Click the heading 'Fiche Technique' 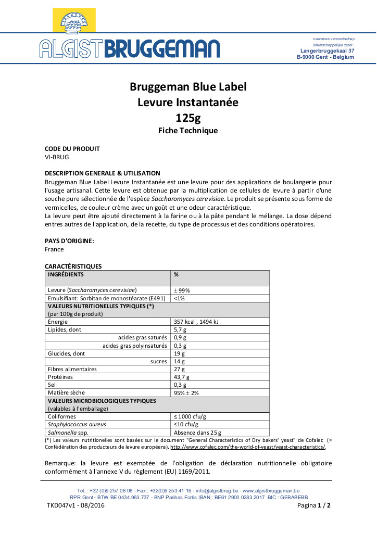coord(188,131)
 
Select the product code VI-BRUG coord(57,157)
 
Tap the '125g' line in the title coord(188,117)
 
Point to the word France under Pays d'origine coord(55,249)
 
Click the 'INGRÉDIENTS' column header coord(66,274)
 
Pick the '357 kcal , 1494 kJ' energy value coord(196,322)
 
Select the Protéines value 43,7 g coord(181,377)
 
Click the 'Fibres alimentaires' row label coord(72,369)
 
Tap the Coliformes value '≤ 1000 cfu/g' coord(190,416)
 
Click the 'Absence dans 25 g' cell coord(197,432)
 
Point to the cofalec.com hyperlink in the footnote coord(248,447)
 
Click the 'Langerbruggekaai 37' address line coord(328,51)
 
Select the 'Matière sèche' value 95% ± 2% coord(186,392)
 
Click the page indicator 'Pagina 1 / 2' coord(314,505)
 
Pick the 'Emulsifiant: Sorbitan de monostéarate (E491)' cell coord(106,298)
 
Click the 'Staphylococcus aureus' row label coord(77,424)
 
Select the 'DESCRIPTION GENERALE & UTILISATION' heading coord(103,173)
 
